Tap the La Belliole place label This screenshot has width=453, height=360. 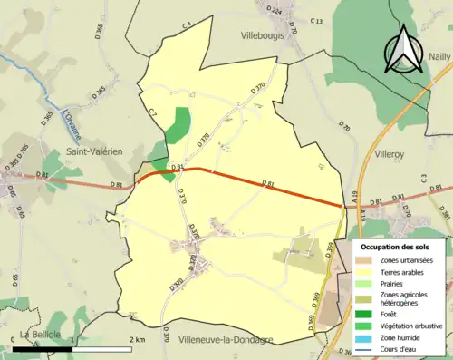[39, 336]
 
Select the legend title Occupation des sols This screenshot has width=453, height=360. [396, 247]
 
